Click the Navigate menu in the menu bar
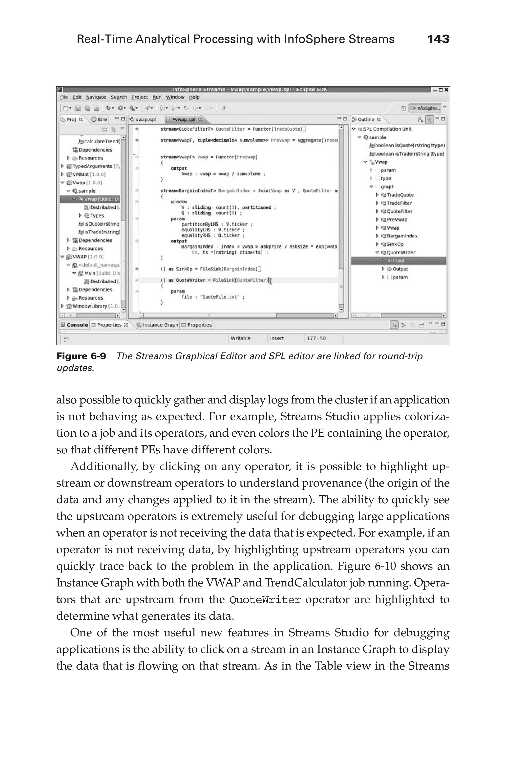pos(96,97)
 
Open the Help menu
pos(194,97)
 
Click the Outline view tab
pos(366,119)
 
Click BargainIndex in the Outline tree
pos(402,236)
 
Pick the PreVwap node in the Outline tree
pos(397,219)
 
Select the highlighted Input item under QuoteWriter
pos(399,261)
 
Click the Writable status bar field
pos(240,338)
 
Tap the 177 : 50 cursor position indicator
pos(316,338)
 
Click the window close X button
pos(446,90)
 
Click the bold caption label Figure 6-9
pos(81,356)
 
